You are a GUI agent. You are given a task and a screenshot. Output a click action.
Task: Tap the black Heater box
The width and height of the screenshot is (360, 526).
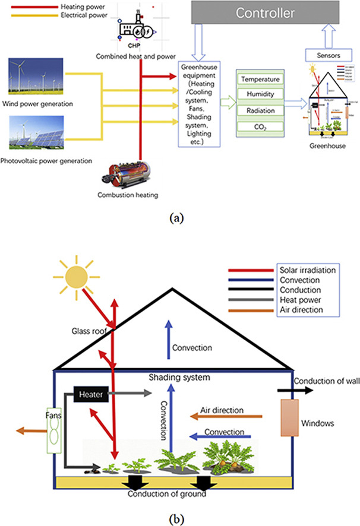click(x=90, y=392)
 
